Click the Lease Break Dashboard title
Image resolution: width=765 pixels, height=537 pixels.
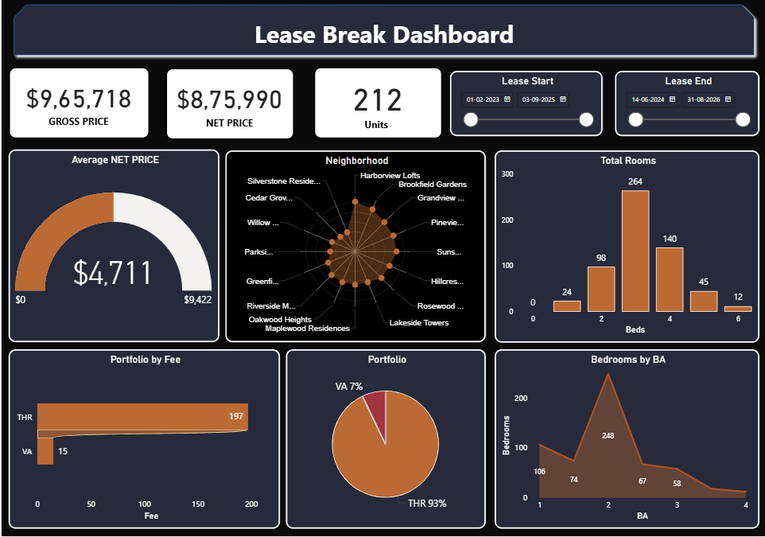tap(383, 35)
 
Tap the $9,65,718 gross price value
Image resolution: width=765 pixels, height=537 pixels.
tap(79, 99)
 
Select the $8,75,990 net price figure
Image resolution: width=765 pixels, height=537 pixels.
tap(229, 99)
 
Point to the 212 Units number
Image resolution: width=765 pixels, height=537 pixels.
tap(378, 100)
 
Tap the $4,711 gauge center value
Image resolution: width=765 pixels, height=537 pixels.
tap(113, 273)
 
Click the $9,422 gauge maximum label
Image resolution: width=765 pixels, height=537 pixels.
tap(198, 300)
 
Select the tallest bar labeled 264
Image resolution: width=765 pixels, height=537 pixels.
tap(635, 251)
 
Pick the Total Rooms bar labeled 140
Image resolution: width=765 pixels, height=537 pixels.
tap(670, 279)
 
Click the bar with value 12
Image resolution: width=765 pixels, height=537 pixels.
tap(738, 309)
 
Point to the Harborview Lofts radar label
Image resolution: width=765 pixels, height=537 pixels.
tap(390, 175)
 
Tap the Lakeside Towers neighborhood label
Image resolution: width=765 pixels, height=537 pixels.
tap(418, 323)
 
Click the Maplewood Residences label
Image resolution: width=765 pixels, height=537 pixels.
tap(307, 329)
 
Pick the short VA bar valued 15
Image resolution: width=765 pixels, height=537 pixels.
tap(45, 452)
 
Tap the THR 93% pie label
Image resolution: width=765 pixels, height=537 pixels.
tap(426, 503)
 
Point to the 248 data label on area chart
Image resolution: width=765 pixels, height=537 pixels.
tap(608, 435)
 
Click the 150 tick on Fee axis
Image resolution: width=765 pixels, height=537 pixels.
tap(198, 504)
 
